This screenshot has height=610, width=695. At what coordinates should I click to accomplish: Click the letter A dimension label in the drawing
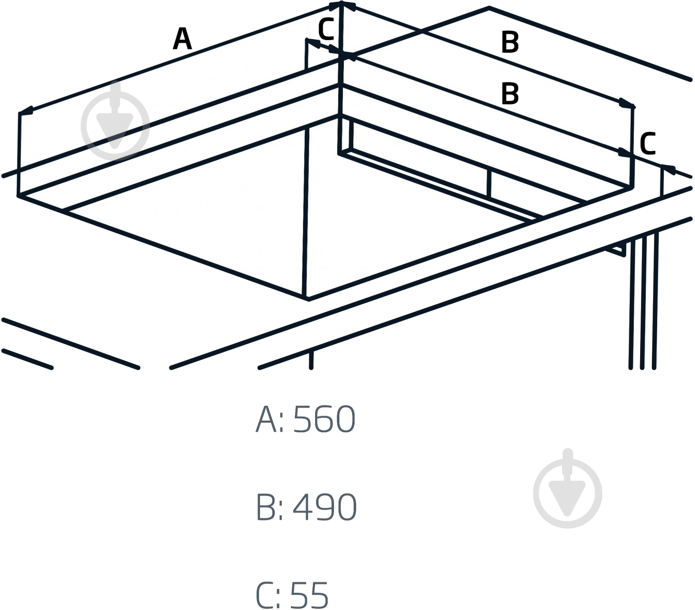(182, 38)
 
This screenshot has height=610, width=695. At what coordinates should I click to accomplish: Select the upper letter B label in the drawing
(510, 42)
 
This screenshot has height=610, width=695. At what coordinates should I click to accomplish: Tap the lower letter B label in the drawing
(510, 93)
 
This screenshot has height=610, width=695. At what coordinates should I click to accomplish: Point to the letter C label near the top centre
(326, 30)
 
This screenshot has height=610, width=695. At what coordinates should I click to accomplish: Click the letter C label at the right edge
(648, 144)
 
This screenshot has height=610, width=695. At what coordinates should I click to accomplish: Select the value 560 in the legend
(324, 419)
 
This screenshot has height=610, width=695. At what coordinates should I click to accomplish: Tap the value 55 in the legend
(309, 596)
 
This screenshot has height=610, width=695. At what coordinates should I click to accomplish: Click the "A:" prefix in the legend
(270, 419)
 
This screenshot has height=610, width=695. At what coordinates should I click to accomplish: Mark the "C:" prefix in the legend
(269, 596)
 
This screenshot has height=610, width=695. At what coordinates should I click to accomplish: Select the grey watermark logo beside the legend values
(568, 488)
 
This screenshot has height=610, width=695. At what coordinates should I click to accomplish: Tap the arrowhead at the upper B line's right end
(627, 103)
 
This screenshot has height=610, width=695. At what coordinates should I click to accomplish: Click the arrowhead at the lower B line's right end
(624, 153)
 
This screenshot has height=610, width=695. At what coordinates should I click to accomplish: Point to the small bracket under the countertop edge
(616, 249)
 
